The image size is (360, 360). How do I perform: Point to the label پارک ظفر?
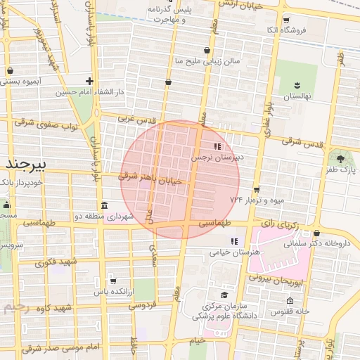point(342,170)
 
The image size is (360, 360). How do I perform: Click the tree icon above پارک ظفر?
point(341,159)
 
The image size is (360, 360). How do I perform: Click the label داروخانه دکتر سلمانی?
point(316,244)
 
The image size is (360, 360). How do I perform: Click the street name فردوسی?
point(141,305)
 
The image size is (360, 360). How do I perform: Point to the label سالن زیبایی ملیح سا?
point(207,61)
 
